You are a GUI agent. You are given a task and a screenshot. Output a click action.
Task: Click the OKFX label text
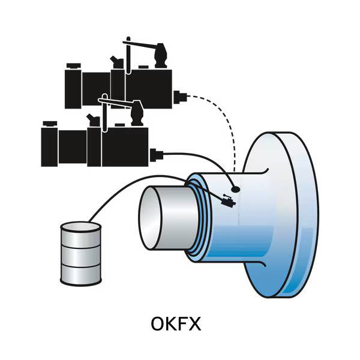175,324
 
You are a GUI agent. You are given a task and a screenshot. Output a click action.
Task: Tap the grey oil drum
80,256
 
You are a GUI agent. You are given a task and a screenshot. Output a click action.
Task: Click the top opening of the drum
80,228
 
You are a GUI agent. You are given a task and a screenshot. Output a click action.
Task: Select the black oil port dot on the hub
235,188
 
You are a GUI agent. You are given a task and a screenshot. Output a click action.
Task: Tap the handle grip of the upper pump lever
160,55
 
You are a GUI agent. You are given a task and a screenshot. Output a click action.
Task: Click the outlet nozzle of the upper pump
179,96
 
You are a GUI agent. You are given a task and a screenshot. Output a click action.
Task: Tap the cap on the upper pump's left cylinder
74,65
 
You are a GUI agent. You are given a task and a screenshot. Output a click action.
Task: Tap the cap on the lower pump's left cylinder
50,123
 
